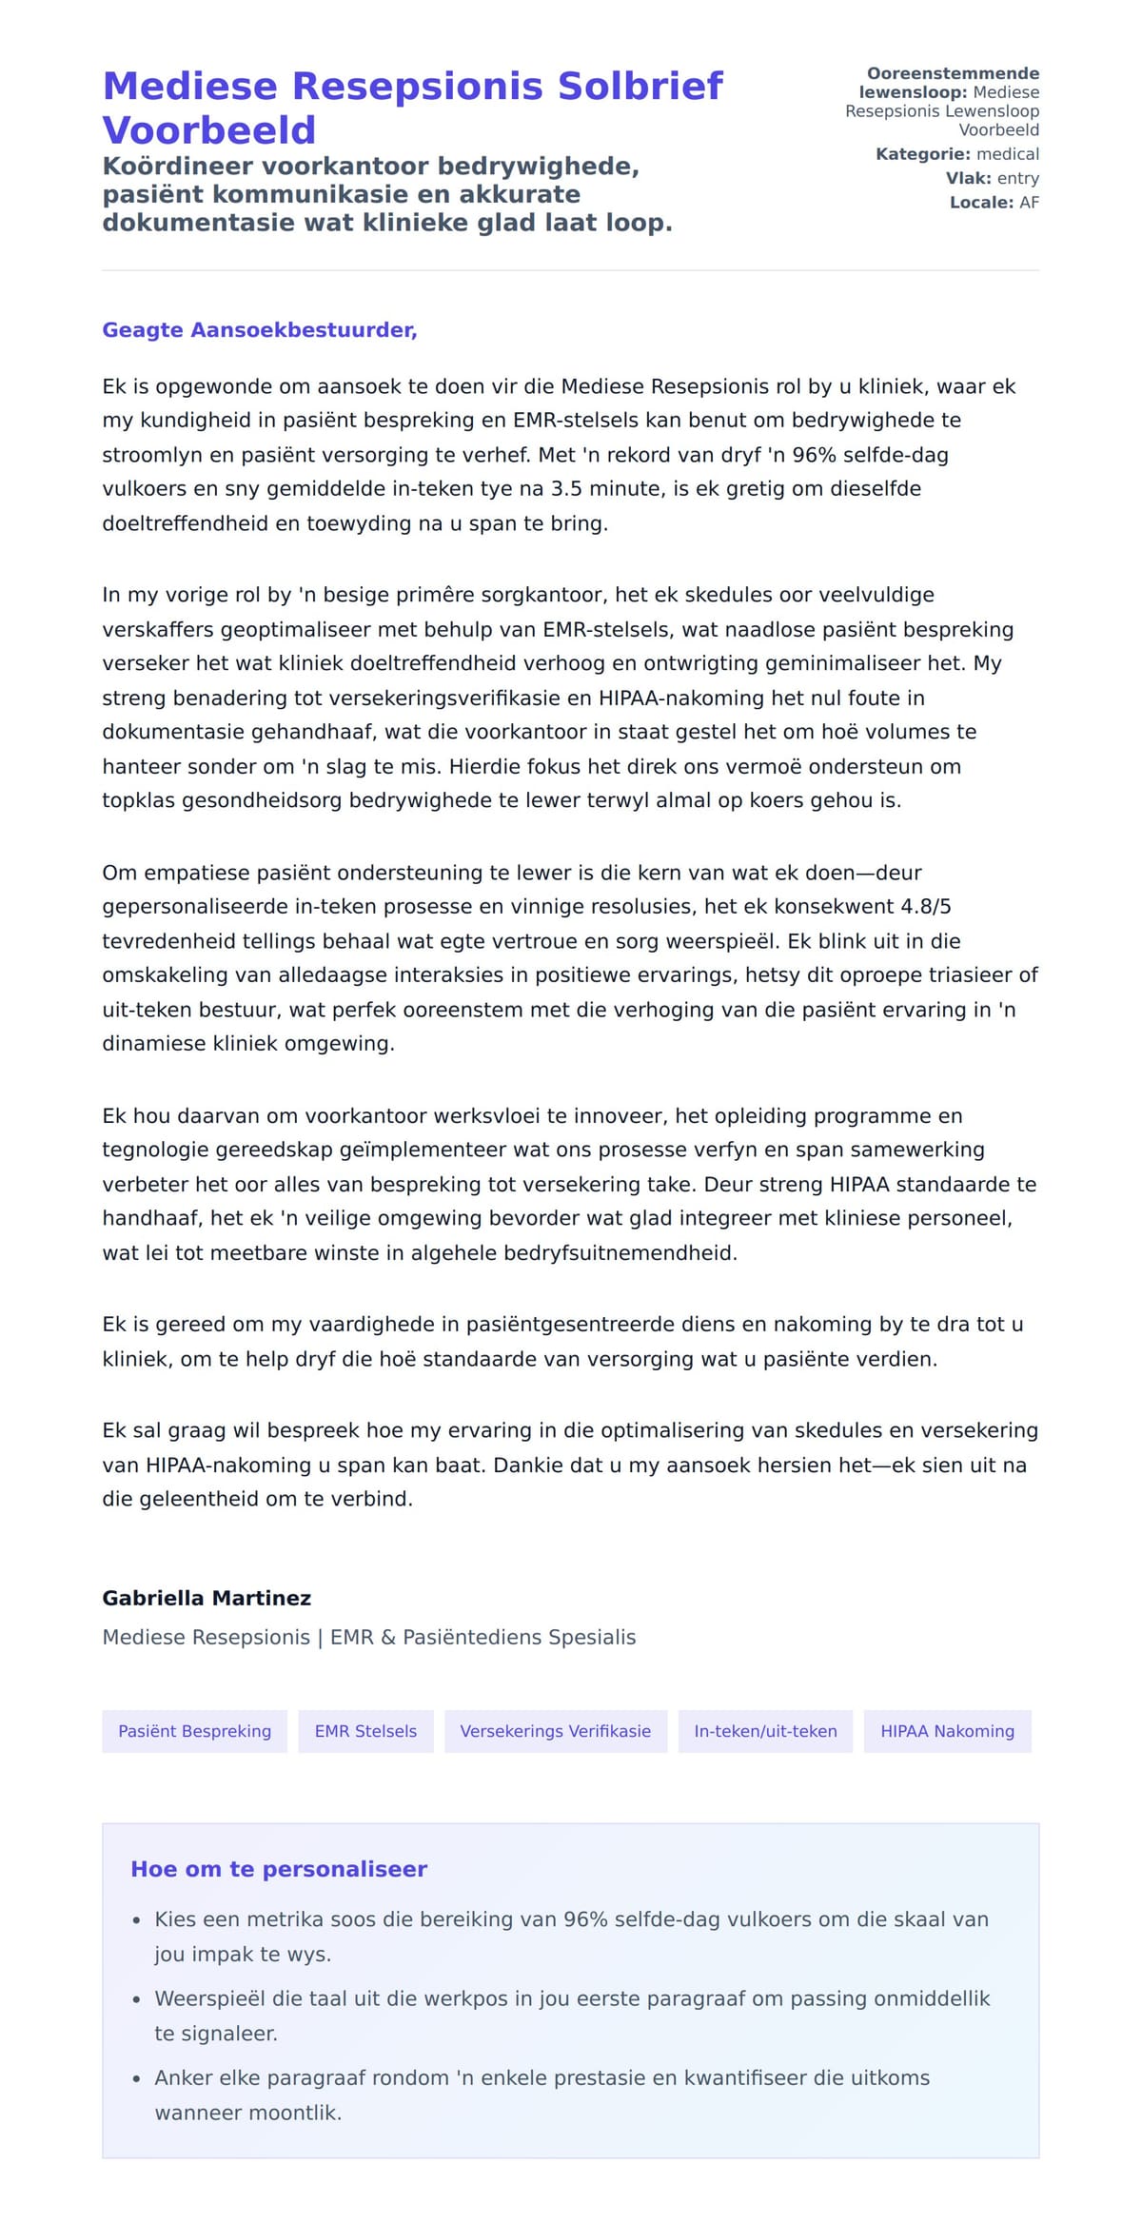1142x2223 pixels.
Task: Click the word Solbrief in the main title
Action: click(640, 87)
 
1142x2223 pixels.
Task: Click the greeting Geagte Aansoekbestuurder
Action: click(259, 330)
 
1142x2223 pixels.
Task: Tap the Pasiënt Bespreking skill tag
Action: click(194, 1731)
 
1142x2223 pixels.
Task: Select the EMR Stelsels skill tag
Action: click(365, 1731)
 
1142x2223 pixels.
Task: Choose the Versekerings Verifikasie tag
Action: click(556, 1731)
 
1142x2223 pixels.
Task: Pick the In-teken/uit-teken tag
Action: click(765, 1731)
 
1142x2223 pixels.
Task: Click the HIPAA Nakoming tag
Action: click(947, 1731)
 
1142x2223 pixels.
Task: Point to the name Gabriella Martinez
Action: click(207, 1598)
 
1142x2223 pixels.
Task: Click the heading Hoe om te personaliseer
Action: click(279, 1869)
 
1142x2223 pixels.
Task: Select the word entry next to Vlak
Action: click(1018, 178)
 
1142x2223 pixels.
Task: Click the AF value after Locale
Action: click(1029, 203)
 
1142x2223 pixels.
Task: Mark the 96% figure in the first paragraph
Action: click(814, 455)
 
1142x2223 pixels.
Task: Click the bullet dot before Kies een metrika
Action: click(137, 1920)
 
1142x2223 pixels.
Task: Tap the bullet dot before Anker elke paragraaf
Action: click(137, 2079)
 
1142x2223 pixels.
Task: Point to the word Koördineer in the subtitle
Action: click(178, 167)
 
